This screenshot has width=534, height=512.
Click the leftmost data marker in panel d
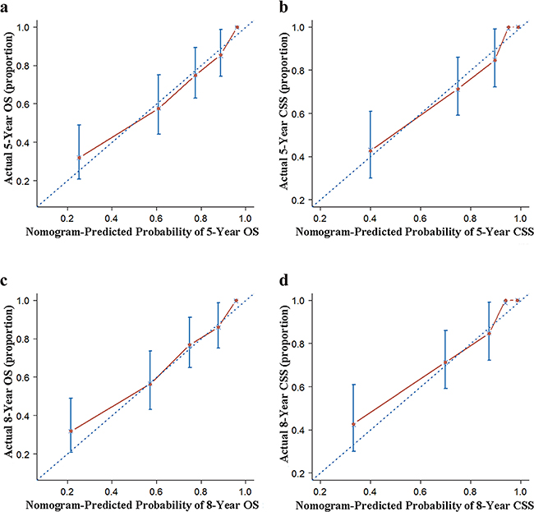point(354,424)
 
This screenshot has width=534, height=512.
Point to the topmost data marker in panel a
point(237,27)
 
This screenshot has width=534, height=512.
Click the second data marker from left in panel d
point(445,362)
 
